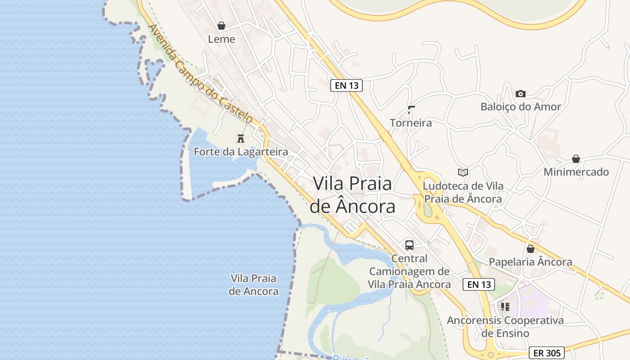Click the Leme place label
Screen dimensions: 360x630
221,39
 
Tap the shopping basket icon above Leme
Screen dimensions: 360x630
221,26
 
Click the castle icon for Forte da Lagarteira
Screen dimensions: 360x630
241,138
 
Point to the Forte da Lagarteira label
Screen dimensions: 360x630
241,152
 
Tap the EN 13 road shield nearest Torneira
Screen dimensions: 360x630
346,85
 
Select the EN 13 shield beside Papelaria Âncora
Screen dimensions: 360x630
479,284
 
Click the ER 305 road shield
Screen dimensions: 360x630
546,353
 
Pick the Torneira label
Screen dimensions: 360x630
411,123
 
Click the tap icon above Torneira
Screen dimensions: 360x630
411,109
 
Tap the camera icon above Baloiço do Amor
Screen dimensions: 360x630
521,94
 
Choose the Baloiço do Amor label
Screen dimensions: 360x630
521,107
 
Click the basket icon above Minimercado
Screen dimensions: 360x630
576,159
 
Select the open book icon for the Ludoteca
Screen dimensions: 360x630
463,172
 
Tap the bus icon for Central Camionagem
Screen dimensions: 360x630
409,245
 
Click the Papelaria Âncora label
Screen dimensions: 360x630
531,262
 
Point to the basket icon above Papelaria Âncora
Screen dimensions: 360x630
531,248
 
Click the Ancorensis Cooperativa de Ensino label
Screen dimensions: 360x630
505,327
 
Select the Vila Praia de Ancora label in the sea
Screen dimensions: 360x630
253,284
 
